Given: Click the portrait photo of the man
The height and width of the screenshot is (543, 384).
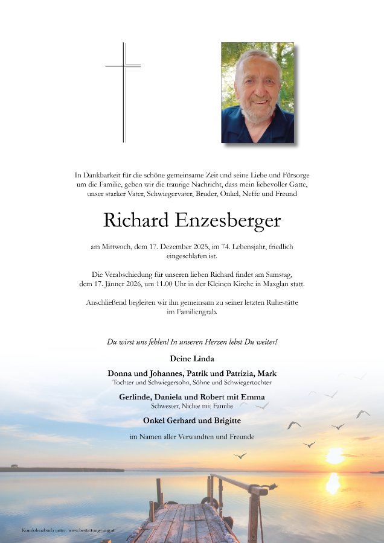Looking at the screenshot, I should pos(257,92).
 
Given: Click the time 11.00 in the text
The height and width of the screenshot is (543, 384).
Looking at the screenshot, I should pos(156,284).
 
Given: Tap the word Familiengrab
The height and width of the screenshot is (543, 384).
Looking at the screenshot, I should pos(192,312).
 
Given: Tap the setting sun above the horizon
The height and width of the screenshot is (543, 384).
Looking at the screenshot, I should pos(334,456).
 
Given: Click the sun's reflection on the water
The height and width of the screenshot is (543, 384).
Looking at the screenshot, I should pos(333,483).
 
